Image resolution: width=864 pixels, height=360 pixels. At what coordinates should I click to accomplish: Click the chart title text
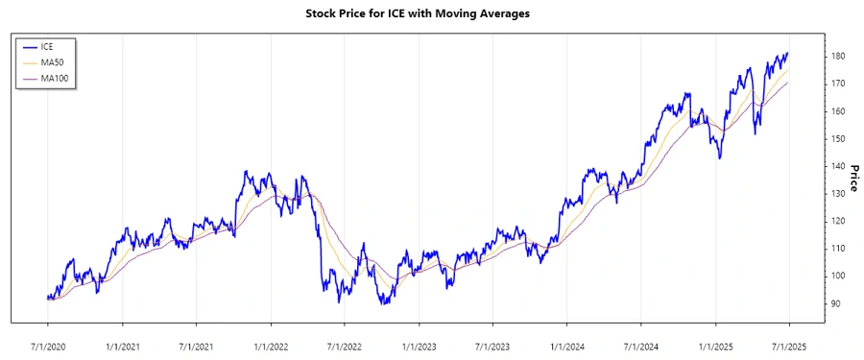click(431, 13)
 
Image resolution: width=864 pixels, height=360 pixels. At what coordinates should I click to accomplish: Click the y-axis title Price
click(851, 178)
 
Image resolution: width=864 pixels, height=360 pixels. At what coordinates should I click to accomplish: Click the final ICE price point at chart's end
click(788, 54)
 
